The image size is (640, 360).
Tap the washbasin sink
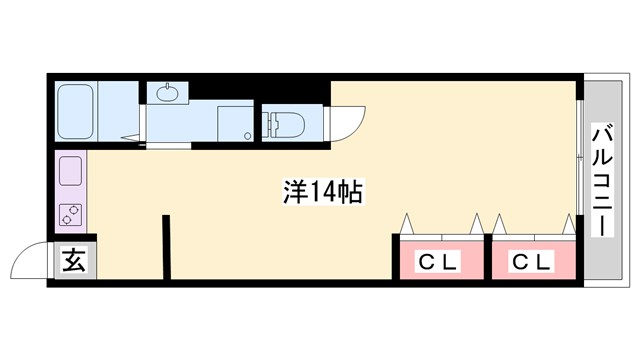tap(166, 94)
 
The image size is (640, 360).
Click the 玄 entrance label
tap(75, 262)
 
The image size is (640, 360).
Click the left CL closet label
tap(437, 263)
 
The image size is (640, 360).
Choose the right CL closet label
tap(532, 263)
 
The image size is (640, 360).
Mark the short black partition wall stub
tap(166, 245)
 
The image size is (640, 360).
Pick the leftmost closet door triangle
tap(407, 223)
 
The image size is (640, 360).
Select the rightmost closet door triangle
tap(571, 223)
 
